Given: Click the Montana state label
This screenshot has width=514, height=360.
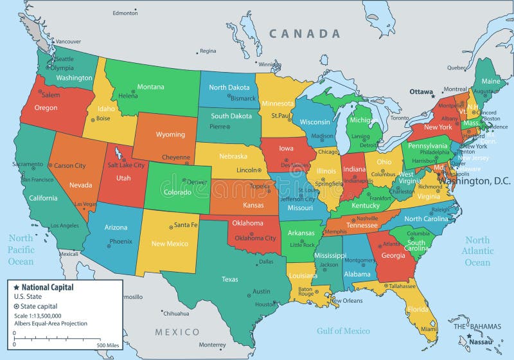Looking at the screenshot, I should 150,87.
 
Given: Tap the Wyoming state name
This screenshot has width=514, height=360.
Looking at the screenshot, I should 170,135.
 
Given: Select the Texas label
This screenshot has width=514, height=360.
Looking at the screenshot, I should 229,280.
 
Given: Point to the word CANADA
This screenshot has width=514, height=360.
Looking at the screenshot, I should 304,33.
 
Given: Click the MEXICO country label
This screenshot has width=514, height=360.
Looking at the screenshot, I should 177,332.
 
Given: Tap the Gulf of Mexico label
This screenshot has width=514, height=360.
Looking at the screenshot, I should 343,330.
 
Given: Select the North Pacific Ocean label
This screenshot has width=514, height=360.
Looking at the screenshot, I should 21,249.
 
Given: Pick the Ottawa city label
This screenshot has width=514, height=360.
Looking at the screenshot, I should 421,92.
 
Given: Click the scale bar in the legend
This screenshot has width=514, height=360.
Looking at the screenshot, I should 57,339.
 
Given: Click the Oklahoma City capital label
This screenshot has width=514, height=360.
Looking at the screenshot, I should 255,238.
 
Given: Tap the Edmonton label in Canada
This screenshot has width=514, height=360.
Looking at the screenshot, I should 125,13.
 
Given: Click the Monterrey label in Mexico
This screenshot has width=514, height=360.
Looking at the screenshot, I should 212,345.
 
